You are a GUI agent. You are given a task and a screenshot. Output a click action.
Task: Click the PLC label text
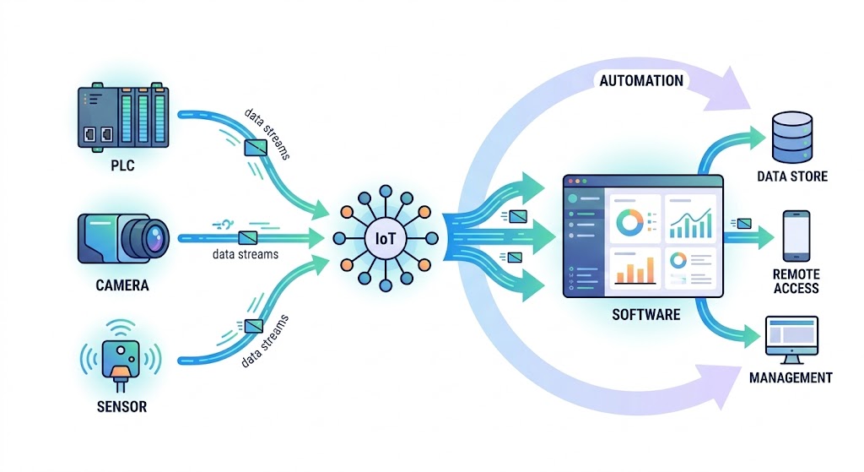(x=122, y=165)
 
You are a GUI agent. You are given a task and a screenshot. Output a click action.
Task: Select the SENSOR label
(x=121, y=407)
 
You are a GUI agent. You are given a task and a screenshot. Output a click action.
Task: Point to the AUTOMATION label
(x=641, y=81)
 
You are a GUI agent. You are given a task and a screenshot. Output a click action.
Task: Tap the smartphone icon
(x=796, y=236)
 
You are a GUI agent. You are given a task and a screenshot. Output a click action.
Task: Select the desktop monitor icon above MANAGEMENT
(x=791, y=339)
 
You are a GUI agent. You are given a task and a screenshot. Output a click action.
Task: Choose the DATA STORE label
(x=792, y=176)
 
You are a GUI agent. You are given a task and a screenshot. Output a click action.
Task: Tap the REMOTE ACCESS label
(x=796, y=281)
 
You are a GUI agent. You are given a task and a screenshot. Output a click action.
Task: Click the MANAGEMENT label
(x=791, y=377)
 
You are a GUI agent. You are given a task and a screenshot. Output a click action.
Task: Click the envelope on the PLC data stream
(x=256, y=148)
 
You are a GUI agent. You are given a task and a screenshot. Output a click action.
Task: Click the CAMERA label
(x=122, y=285)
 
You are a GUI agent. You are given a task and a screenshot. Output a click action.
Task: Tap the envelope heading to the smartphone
(x=744, y=223)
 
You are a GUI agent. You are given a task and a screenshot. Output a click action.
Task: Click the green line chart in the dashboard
(x=690, y=223)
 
